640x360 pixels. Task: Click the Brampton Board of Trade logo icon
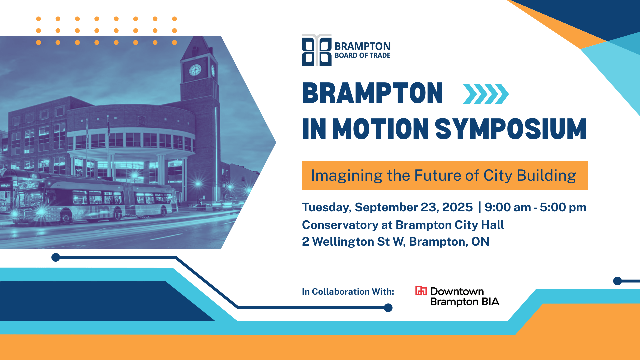(x=317, y=50)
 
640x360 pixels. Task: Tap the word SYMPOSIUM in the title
(x=511, y=129)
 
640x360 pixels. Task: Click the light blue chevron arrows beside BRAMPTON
(x=486, y=94)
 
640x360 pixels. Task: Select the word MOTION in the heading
(x=380, y=129)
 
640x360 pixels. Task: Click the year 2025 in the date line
(x=457, y=207)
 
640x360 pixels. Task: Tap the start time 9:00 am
(x=507, y=207)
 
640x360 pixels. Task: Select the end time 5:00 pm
(x=563, y=207)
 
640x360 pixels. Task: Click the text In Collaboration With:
(x=348, y=292)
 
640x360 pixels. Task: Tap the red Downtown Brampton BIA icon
(x=421, y=291)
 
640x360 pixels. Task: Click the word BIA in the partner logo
(x=491, y=302)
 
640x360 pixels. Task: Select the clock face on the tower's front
(x=195, y=70)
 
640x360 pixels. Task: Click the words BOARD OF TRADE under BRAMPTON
(x=363, y=56)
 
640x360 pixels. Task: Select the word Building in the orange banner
(x=546, y=176)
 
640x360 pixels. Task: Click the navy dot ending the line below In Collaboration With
(x=388, y=308)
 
